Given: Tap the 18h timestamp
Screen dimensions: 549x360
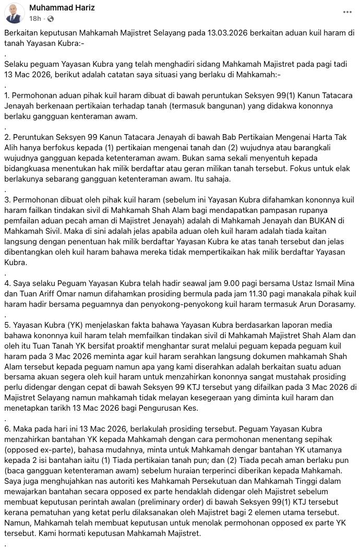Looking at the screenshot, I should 35,19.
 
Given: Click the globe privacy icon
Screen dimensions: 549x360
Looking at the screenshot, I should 51,19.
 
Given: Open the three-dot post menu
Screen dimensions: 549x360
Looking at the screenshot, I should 347,12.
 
